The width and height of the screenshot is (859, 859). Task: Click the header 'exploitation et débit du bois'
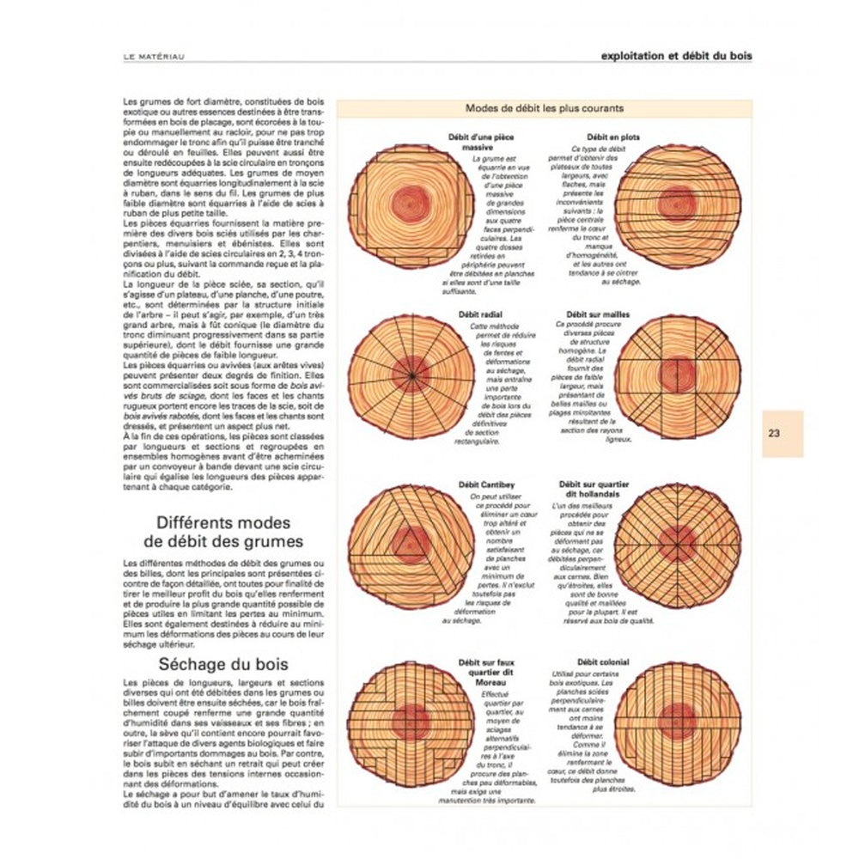(678, 56)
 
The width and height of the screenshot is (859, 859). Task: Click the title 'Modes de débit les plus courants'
(544, 109)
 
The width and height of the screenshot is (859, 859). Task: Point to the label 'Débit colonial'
(603, 662)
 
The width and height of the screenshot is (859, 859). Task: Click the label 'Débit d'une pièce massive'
(472, 143)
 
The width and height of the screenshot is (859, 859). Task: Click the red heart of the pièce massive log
(412, 204)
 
